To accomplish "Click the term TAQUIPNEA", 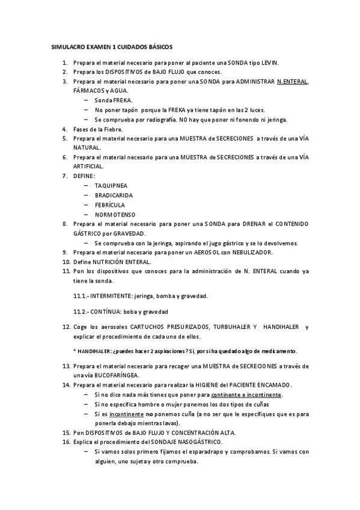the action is [111, 186].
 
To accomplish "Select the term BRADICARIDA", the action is [114, 195].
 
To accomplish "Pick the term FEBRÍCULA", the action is [110, 204].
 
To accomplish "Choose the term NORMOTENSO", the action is [115, 214].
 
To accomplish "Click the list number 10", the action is [66, 262].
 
